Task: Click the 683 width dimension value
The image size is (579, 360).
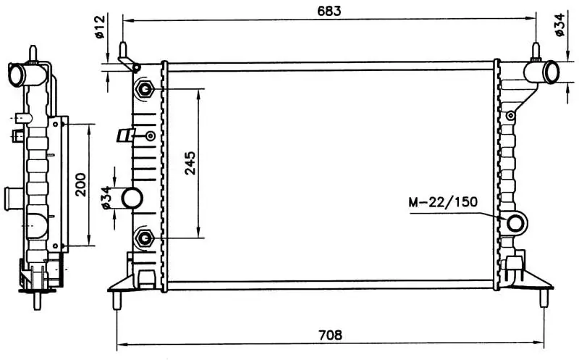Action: (329, 11)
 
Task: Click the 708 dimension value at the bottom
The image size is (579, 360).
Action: (330, 335)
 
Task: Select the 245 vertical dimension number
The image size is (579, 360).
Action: (190, 163)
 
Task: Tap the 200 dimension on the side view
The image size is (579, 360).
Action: (80, 185)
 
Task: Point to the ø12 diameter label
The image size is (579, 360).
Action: (100, 26)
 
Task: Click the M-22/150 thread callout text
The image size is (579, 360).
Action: (443, 202)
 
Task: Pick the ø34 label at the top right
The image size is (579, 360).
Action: (559, 25)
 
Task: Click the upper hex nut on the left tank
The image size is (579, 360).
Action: (145, 89)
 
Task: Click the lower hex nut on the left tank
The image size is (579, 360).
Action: (145, 238)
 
